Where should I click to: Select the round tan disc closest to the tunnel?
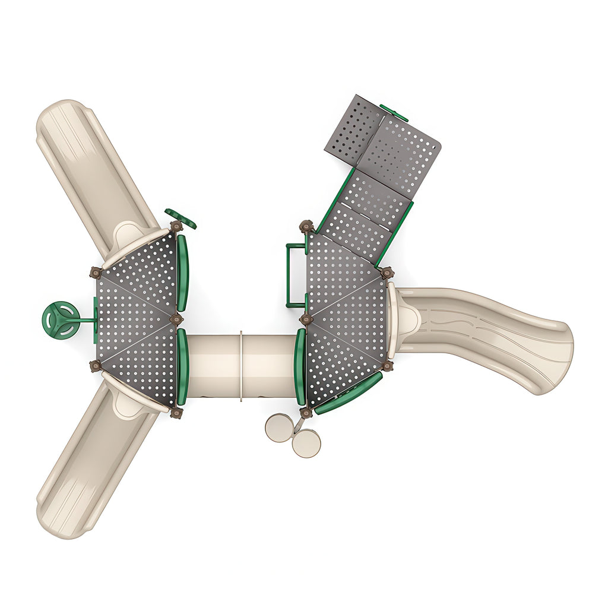pos(279,427)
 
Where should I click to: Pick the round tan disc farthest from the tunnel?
pos(306,443)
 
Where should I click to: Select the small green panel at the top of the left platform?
pos(180,218)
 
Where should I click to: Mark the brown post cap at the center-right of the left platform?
pos(176,319)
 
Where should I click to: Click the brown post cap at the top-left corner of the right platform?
pos(306,226)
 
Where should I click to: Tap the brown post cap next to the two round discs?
pos(306,412)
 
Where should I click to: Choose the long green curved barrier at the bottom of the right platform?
pos(349,393)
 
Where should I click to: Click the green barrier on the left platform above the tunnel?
pos(182,273)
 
